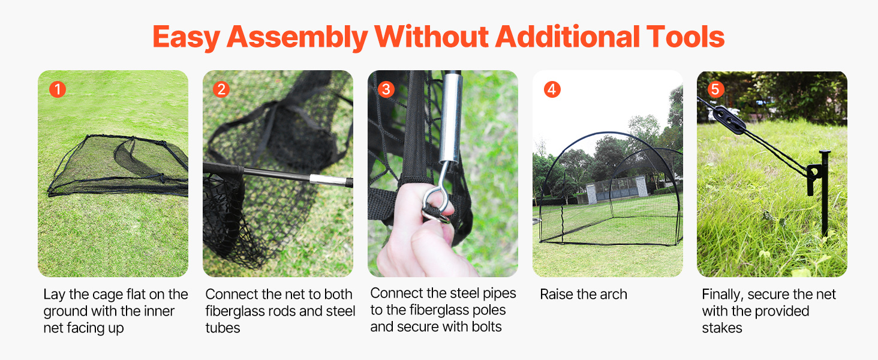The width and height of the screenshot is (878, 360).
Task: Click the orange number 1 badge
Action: pos(58,89)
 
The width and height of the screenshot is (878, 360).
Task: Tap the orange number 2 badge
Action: pos(221,89)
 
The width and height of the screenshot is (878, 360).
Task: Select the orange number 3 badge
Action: pos(386,89)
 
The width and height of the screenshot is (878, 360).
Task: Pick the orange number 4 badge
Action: pos(552,89)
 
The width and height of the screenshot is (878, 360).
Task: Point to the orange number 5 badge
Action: pos(715,89)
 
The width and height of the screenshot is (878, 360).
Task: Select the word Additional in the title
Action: pos(567,37)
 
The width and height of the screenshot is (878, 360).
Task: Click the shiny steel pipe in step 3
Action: pos(450,118)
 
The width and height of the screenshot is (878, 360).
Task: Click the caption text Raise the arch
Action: pos(584,294)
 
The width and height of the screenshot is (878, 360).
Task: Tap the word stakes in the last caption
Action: pos(722,328)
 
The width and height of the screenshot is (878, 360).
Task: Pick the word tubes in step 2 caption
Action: pos(222,328)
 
